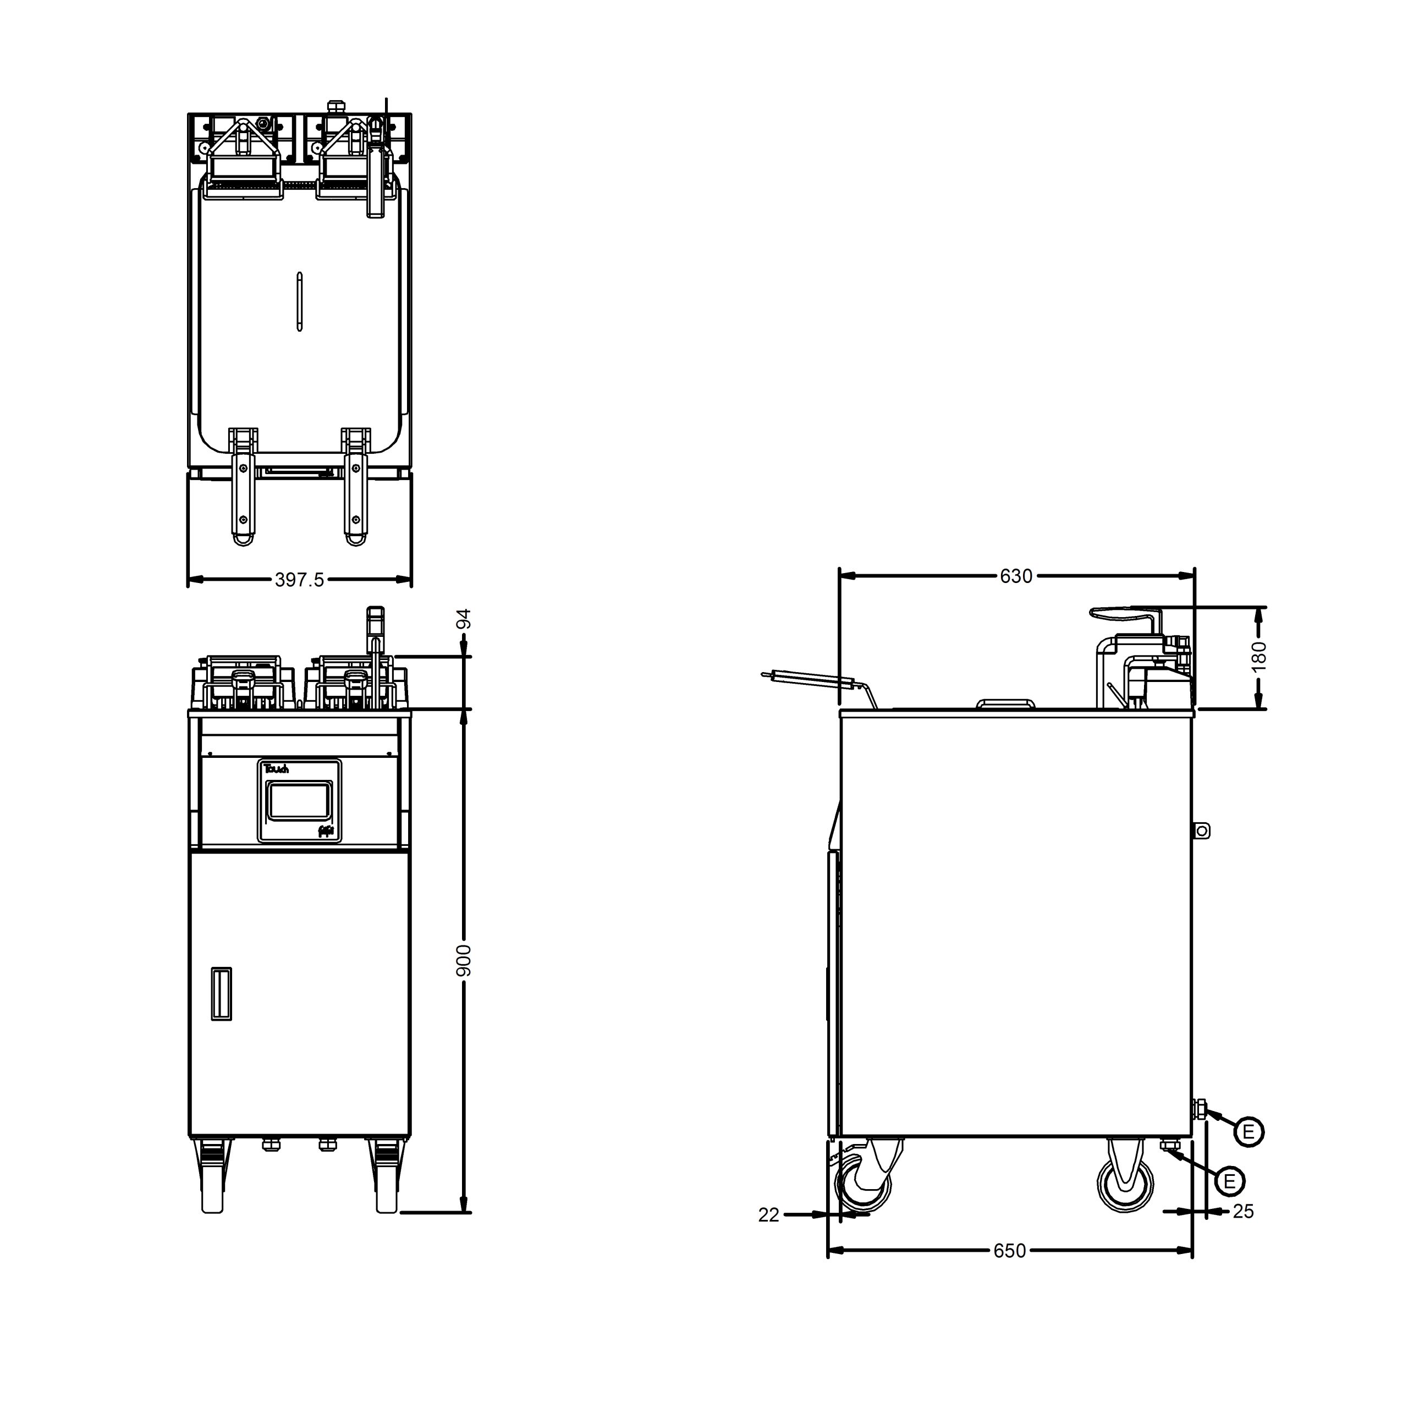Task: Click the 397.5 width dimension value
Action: click(x=299, y=580)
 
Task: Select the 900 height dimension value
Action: click(x=464, y=960)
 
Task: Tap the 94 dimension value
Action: click(x=464, y=619)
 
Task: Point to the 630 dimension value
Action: click(x=1016, y=576)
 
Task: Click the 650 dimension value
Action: click(x=1009, y=1251)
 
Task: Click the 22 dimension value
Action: click(x=769, y=1215)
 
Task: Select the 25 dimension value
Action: click(x=1244, y=1211)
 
